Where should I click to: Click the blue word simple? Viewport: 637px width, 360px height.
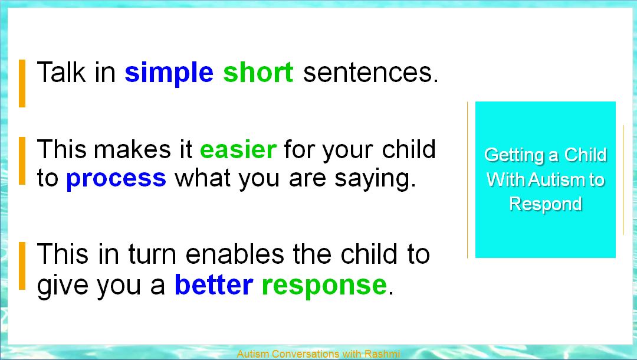(x=169, y=74)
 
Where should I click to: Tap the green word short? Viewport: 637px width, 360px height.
(x=258, y=73)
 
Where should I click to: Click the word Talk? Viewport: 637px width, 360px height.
(x=61, y=72)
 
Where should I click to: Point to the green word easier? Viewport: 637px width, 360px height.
(x=238, y=149)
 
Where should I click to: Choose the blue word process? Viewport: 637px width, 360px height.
(x=116, y=179)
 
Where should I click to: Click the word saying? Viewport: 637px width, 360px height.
(x=375, y=179)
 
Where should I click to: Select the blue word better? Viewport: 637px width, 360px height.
(x=214, y=284)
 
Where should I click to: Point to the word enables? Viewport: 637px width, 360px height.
(x=235, y=254)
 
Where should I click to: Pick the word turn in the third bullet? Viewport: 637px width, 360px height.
(x=152, y=255)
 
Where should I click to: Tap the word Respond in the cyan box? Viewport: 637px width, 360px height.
(x=546, y=204)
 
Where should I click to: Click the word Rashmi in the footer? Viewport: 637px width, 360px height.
(x=382, y=354)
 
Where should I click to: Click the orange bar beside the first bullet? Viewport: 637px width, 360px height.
(x=22, y=83)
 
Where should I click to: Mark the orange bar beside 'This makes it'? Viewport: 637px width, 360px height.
(x=22, y=161)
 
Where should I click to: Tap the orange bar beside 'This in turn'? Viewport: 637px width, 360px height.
(x=22, y=266)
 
